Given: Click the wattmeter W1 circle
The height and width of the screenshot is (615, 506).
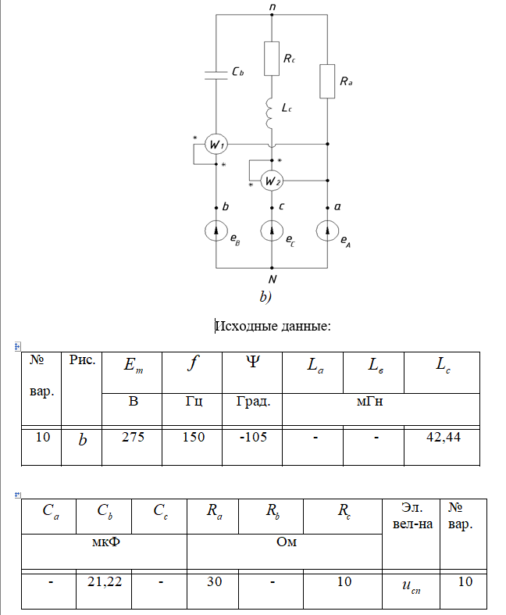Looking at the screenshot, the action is [x=216, y=145].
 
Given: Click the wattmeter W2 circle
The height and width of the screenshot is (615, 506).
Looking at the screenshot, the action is [x=272, y=181].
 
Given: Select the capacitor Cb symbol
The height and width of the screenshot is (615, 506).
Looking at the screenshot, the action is [x=216, y=73].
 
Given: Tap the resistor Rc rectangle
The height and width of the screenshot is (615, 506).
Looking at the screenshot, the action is [x=272, y=59].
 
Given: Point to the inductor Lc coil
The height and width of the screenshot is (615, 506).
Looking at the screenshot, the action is [x=272, y=115].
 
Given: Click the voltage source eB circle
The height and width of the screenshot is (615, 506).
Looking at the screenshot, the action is [x=216, y=231].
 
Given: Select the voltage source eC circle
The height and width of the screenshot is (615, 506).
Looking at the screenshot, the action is [x=272, y=231].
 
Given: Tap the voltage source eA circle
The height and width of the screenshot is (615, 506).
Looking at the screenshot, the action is [x=327, y=231].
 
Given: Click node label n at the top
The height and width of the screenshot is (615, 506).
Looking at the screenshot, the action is [x=272, y=7].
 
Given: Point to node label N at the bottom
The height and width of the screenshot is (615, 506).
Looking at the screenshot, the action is [x=272, y=279].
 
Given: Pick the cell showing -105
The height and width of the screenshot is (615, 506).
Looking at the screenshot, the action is [x=252, y=438].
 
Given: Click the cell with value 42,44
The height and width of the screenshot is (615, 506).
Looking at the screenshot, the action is [x=440, y=438].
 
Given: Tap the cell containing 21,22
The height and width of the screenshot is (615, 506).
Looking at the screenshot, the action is [x=104, y=583].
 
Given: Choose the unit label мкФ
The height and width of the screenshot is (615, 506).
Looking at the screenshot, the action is [x=104, y=541].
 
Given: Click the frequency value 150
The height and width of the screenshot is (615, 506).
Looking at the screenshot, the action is [x=192, y=438].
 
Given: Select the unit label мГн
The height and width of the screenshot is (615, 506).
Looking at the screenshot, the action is [x=381, y=402].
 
